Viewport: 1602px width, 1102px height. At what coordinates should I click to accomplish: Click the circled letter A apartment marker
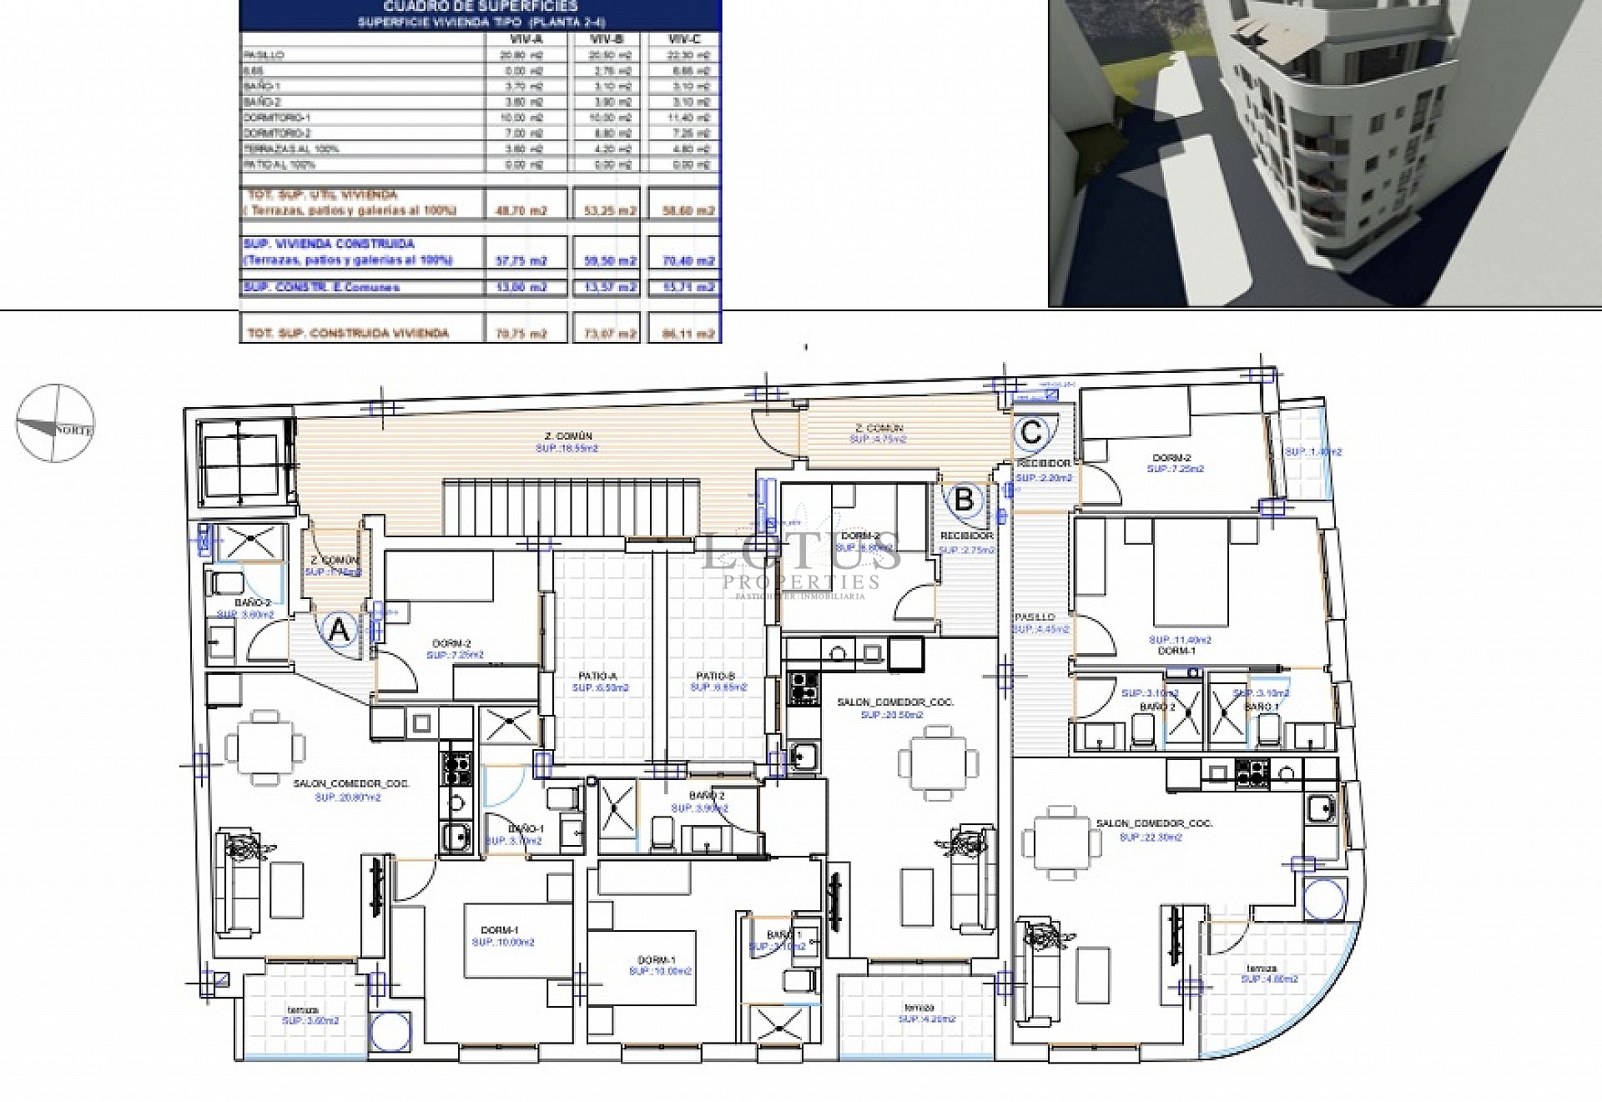(338, 632)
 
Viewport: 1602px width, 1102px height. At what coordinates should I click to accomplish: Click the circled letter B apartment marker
(964, 500)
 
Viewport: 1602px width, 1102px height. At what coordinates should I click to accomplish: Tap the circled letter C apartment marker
(1031, 432)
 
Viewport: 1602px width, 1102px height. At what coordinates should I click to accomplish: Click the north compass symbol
(54, 424)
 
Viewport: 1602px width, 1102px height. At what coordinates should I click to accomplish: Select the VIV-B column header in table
(602, 39)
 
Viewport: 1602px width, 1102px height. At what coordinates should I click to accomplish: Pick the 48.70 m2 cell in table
(523, 210)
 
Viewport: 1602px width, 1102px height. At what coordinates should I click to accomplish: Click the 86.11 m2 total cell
(693, 333)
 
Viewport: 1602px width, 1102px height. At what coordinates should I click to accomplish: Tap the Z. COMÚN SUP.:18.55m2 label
(566, 441)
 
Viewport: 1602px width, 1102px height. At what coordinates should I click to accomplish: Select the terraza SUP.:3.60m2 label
(310, 1014)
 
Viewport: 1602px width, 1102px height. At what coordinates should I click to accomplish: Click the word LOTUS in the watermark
(801, 552)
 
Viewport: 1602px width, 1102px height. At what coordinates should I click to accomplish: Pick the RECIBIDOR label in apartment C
(1043, 463)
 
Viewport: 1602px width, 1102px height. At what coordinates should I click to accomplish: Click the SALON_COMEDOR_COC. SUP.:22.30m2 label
(1154, 829)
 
